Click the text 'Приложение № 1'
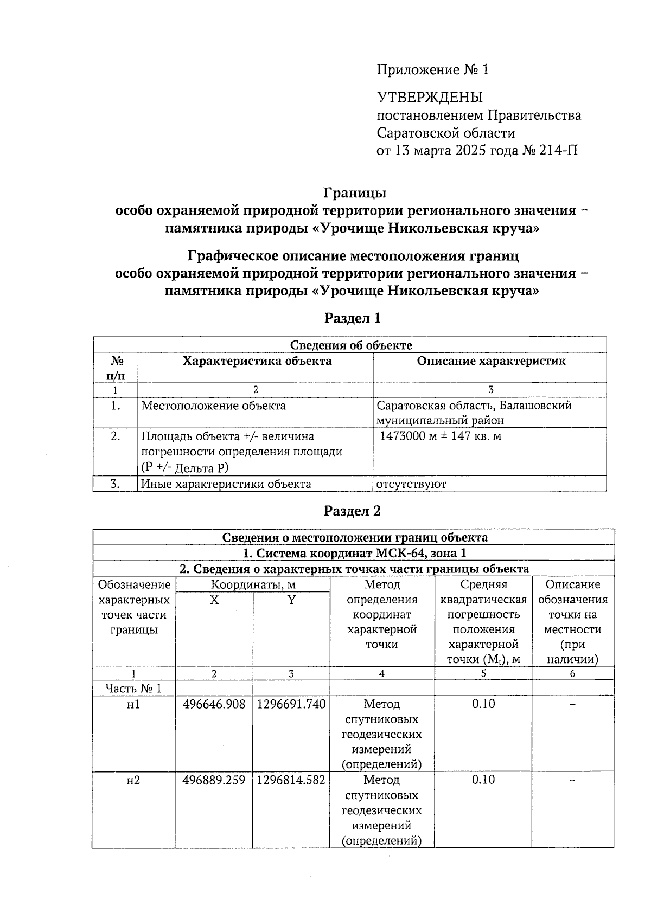coord(432,70)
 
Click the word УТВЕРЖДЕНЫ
coord(430,98)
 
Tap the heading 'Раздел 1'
coord(352,318)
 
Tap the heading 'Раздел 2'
coord(352,511)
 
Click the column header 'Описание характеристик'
coord(490,361)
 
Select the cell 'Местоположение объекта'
coord(213,406)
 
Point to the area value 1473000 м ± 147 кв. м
coord(440,436)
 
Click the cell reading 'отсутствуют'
coord(411,484)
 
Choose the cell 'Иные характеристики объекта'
coord(226,484)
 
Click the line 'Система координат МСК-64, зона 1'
coord(353,553)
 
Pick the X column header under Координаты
coord(214,600)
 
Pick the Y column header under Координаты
coord(291,600)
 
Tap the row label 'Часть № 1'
coord(133,689)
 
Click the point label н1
coord(133,704)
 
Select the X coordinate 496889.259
coord(214,780)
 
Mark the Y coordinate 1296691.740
coord(291,704)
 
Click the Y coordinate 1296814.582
coord(291,780)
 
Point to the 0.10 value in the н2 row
coord(483,780)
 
